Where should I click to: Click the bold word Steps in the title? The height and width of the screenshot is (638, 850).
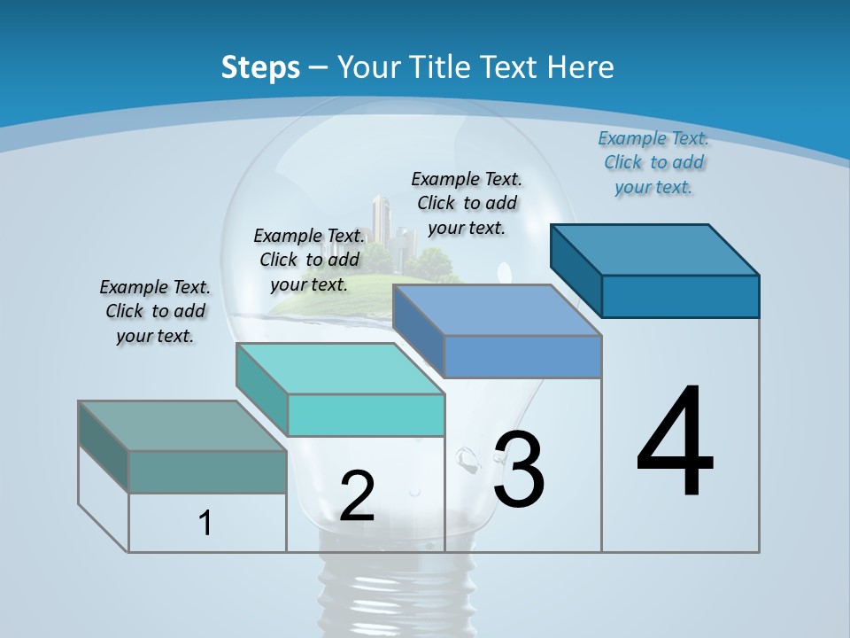point(260,67)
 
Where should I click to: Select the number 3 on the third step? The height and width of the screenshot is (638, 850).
point(518,469)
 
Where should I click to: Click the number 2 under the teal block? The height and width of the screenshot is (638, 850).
point(357,496)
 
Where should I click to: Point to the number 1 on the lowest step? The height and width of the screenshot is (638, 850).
point(205,523)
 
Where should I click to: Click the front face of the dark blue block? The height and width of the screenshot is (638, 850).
point(680,296)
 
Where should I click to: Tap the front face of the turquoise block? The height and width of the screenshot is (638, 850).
point(366,415)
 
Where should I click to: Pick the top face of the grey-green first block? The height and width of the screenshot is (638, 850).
point(182,425)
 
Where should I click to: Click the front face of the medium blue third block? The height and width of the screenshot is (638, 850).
point(522,356)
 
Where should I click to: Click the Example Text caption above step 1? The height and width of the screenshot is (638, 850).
point(155,311)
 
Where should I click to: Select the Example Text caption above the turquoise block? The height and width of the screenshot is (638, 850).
point(309,260)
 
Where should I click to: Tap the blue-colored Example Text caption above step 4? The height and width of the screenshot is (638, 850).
point(653,162)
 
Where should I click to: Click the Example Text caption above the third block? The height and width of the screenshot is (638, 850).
point(467,203)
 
